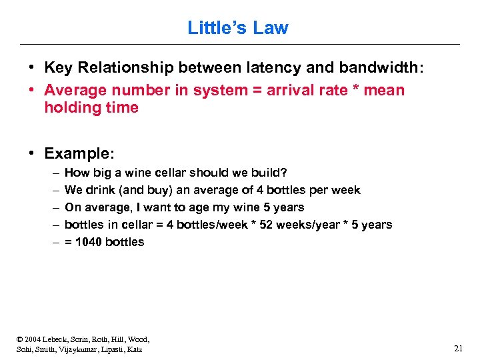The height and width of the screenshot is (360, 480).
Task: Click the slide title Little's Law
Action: click(x=238, y=28)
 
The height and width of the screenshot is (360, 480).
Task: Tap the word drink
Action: click(x=99, y=190)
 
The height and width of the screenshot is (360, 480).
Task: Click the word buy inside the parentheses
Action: click(x=161, y=190)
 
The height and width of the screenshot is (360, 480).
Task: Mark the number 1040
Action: click(x=89, y=242)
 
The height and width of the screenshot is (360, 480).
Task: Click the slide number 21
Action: click(x=458, y=348)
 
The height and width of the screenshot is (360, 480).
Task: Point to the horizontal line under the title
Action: click(x=240, y=44)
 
